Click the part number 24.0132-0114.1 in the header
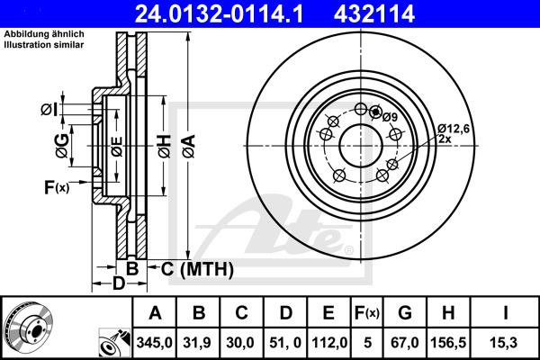pos(219,14)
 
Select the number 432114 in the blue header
pos(374,14)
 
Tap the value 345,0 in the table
pos(154,343)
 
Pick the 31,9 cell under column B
pos(197,343)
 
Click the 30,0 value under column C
pos(240,343)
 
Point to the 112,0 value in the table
pos(329,343)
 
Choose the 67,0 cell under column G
pos(405,343)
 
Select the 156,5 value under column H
pos(448,343)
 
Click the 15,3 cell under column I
pos(503,343)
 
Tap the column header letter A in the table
pos(155,313)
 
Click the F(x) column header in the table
pos(367,313)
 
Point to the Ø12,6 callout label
pos(454,129)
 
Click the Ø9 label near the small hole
pos(390,117)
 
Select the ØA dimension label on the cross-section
pos(189,147)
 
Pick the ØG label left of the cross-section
pos(62,146)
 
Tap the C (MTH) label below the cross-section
pos(197,269)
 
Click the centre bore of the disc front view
pos(361,146)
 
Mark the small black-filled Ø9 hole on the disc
pos(375,112)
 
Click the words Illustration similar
pos(44,45)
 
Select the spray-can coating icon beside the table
pos(114,343)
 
